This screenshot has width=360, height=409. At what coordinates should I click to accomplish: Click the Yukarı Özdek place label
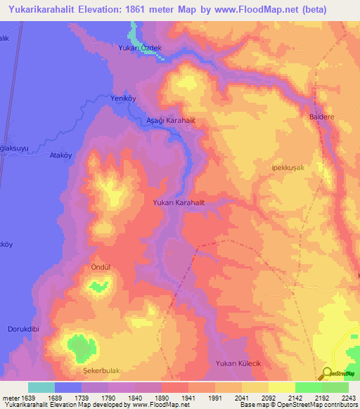coord(141,48)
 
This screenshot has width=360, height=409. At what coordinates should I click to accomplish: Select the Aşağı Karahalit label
coord(169,121)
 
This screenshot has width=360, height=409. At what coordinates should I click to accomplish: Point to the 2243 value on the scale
coord(348,397)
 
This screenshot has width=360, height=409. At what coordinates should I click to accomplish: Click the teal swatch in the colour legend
coord(41,387)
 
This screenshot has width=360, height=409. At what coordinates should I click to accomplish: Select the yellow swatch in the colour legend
coord(281,387)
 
